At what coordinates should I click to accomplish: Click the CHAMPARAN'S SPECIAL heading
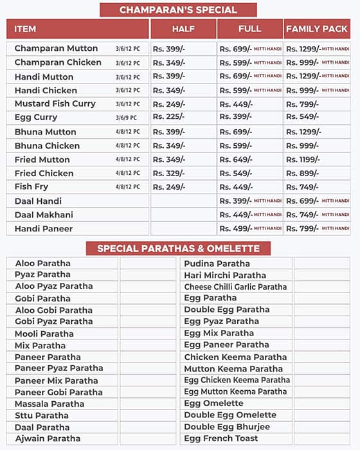coord(178,10)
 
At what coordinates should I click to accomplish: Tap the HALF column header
coord(183,29)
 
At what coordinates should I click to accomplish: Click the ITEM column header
coord(26,29)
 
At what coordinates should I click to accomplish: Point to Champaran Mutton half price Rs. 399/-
coord(168,49)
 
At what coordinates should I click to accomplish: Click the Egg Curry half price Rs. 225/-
coord(168,117)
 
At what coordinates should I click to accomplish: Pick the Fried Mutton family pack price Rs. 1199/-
coord(303,159)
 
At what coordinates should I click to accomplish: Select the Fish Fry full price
coord(236,187)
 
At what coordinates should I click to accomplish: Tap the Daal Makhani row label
coord(44,215)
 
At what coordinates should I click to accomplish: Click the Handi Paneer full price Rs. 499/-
coord(236,229)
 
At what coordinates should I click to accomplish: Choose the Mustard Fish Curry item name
coord(55,104)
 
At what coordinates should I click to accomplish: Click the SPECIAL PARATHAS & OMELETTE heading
coord(178,249)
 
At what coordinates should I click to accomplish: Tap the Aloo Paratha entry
coord(42,264)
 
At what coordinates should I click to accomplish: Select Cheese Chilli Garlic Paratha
coord(235,287)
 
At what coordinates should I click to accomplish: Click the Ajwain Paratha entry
coord(48,438)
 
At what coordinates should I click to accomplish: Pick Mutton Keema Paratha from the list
coord(233,369)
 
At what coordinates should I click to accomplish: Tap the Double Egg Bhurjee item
coord(227,427)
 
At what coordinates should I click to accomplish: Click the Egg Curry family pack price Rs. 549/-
coord(301,117)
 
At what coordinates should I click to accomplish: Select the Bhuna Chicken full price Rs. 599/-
coord(236,146)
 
